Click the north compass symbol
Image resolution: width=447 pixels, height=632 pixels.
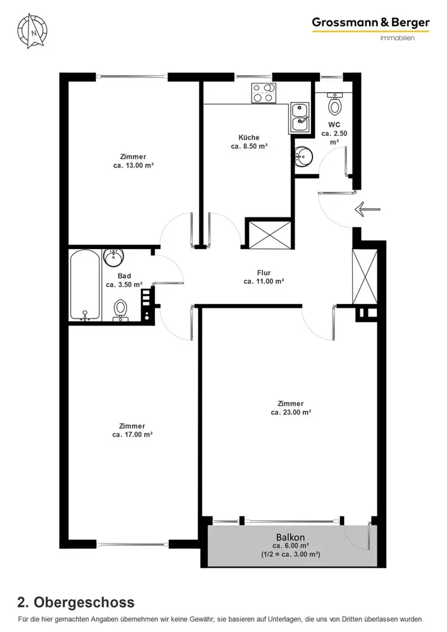pos(32,30)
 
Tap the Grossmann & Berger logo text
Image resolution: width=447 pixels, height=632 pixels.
pos(371,23)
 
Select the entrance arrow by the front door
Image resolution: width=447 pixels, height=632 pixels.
pos(367,209)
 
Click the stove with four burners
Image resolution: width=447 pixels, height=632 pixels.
pos(264,93)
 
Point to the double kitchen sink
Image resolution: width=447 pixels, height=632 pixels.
pos(300,118)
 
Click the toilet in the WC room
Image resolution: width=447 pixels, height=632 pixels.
pos(334,103)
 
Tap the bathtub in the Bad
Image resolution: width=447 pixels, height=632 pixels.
pos(85,285)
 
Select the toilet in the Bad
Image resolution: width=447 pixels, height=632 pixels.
pos(121,311)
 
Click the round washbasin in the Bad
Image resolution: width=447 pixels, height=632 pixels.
pos(114,258)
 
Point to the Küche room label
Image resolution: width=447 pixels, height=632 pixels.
pos(248,137)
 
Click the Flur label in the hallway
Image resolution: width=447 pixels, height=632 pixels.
pos(264,273)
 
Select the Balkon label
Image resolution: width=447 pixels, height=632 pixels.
pos(290,537)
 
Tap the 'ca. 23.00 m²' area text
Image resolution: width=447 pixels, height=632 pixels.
pos(291,412)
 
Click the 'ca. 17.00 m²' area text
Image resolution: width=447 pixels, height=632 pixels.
pos(132,435)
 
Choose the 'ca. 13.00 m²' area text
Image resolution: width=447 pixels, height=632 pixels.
pos(133,165)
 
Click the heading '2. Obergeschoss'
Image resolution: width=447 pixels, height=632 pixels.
pos(76,602)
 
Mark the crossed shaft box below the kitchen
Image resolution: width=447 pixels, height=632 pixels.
pos(268,234)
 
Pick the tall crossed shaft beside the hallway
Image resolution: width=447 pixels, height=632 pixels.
pos(365,277)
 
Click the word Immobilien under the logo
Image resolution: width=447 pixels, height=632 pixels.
pos(398,38)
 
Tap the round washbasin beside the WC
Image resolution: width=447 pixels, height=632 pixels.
pos(303,156)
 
